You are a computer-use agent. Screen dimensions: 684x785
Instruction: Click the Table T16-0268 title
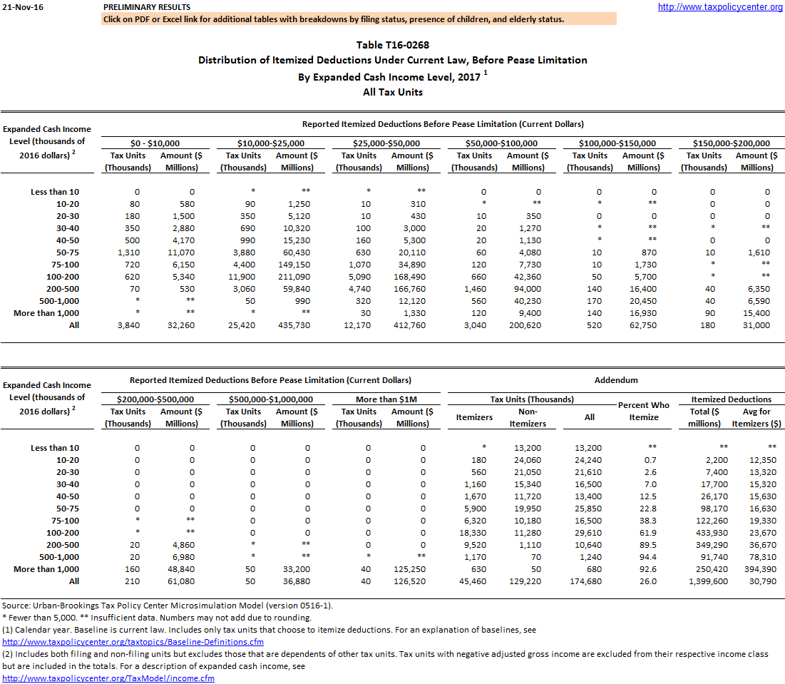coord(392,45)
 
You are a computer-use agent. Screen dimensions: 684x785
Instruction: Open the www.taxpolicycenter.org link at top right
coord(720,7)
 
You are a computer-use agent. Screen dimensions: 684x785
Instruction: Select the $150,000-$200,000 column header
coord(732,143)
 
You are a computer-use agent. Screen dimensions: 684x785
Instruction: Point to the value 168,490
coord(408,276)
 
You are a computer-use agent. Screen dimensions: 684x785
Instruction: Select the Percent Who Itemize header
coord(644,411)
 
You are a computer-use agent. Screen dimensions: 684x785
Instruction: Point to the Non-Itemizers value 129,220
coord(528,581)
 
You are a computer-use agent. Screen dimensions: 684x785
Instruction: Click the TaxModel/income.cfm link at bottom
coord(108,678)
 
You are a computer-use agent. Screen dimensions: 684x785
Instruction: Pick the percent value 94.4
coord(644,556)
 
